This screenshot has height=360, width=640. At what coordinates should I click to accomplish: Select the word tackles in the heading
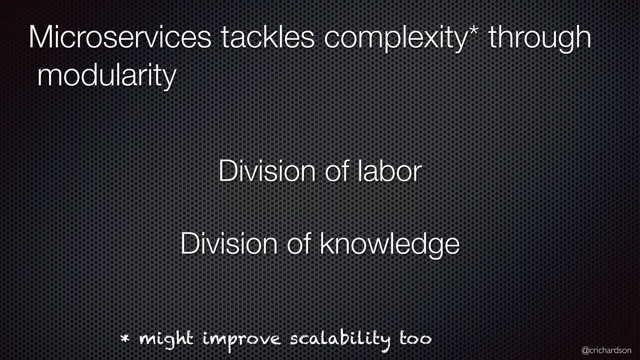click(267, 38)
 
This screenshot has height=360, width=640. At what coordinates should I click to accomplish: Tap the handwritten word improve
click(242, 340)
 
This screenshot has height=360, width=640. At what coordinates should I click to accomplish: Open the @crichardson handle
click(606, 350)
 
